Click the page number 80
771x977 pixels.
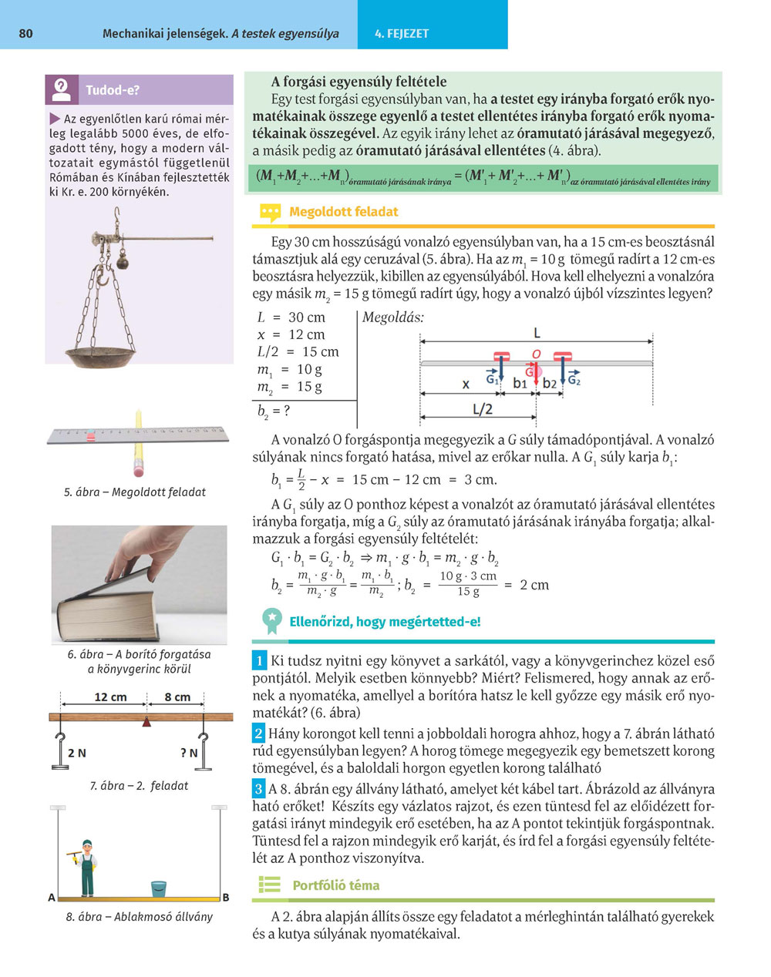point(25,34)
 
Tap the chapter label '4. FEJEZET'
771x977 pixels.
point(402,34)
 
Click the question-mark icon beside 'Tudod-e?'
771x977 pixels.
point(62,89)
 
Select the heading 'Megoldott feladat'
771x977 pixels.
point(344,212)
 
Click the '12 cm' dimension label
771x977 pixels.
point(110,697)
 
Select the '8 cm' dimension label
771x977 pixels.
point(177,697)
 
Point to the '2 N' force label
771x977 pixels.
point(76,753)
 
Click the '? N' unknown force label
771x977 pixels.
point(188,753)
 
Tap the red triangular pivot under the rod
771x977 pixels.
point(146,721)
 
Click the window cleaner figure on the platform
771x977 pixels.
point(85,867)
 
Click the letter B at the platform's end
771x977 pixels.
point(226,898)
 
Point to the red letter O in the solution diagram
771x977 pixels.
point(537,354)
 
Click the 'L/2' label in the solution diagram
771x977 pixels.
point(483,409)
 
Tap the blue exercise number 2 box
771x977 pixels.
point(259,734)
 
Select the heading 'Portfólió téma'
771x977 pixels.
point(335,885)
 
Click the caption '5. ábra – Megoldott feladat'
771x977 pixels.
point(135,492)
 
